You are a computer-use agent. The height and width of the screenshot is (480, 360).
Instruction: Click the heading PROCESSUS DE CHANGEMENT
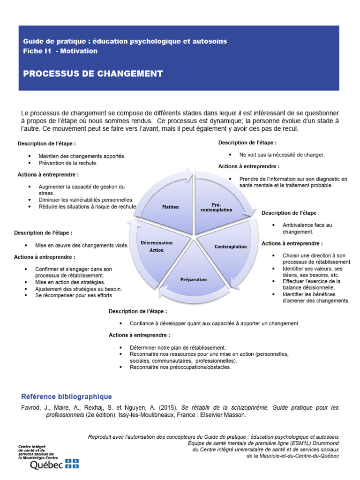click(93, 74)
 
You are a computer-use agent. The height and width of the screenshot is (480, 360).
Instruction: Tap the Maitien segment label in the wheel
click(171, 207)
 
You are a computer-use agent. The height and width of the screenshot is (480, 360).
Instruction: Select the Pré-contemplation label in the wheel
click(216, 207)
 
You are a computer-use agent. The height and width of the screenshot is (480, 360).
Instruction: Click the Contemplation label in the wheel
click(231, 247)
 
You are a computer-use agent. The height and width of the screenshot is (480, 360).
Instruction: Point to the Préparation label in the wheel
click(194, 279)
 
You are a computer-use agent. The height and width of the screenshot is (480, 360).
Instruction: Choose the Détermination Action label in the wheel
click(157, 246)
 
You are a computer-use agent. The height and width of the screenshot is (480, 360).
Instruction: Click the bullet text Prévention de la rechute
click(68, 163)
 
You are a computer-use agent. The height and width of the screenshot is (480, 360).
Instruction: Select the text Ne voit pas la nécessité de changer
click(282, 154)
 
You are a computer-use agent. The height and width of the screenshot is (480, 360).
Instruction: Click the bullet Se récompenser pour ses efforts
click(74, 296)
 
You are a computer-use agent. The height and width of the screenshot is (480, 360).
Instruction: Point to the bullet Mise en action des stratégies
click(70, 282)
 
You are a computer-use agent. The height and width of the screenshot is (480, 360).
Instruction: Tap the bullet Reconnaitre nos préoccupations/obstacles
click(180, 367)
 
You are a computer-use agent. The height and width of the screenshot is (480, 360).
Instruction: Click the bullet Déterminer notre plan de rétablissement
click(178, 347)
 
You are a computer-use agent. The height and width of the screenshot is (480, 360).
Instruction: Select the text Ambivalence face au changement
click(307, 228)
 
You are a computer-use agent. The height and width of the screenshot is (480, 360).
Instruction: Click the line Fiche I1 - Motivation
click(60, 51)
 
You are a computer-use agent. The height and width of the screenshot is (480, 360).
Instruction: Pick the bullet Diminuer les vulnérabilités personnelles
click(86, 200)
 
